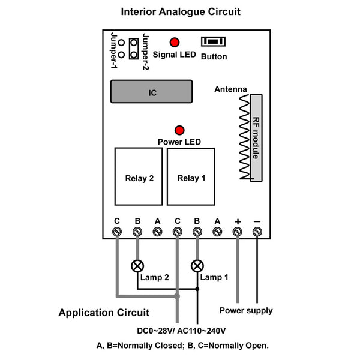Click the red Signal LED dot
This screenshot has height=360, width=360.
click(175, 42)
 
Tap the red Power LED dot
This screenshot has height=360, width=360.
click(179, 130)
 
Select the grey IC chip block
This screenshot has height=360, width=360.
click(152, 91)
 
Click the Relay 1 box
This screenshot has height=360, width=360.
click(191, 176)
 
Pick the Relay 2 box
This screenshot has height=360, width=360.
click(139, 176)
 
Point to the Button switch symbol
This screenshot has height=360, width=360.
click(213, 41)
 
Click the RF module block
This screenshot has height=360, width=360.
click(256, 138)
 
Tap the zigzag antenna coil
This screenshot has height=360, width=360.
click(244, 137)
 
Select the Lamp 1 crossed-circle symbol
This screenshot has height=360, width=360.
click(197, 266)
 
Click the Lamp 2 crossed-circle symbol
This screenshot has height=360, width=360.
click(137, 266)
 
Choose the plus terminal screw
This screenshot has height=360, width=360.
click(237, 232)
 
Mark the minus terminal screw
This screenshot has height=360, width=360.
click(257, 232)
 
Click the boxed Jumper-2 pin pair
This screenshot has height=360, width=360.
click(134, 49)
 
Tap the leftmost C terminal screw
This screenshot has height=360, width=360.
click(117, 232)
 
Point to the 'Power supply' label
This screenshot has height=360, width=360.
click(246, 311)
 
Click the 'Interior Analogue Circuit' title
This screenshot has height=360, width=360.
click(181, 12)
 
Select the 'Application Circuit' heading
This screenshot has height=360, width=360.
click(104, 313)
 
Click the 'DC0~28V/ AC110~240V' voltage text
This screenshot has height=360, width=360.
click(181, 331)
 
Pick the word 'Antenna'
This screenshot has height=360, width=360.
click(230, 89)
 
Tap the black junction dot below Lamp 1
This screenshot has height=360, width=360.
click(197, 289)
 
